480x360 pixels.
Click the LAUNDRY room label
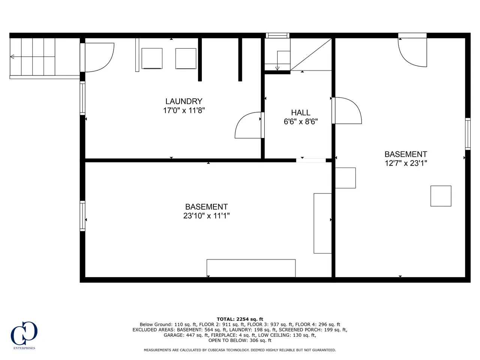[x=184, y=101]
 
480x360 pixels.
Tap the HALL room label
[x=300, y=112]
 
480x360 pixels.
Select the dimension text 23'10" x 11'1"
[x=206, y=216]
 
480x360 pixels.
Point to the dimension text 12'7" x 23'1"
[x=406, y=163]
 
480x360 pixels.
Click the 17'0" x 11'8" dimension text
[x=184, y=110]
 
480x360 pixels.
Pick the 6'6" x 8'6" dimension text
[x=300, y=121]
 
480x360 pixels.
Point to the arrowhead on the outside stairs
[x=12, y=57]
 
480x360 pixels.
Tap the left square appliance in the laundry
[x=152, y=58]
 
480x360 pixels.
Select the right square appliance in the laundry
[x=186, y=58]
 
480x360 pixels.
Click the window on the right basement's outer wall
[x=468, y=134]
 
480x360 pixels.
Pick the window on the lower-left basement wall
[x=82, y=216]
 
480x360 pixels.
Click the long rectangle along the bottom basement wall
[x=251, y=268]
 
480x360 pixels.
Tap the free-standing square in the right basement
[x=441, y=196]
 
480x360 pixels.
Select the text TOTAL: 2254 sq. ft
[x=240, y=319]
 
